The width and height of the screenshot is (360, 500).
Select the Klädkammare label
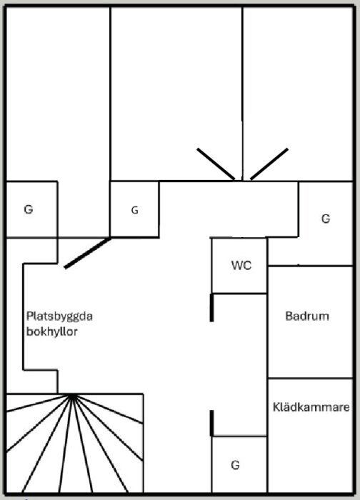(311, 408)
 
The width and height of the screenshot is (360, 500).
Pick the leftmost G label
(28, 209)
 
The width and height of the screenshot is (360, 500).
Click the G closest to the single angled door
(134, 210)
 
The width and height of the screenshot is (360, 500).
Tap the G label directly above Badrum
(326, 219)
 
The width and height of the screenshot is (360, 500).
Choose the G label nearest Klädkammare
(235, 465)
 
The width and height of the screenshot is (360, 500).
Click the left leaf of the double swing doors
(216, 164)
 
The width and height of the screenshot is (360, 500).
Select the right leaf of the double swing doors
(269, 164)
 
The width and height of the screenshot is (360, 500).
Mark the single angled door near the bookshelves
(87, 254)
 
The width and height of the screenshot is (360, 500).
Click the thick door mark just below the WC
(211, 308)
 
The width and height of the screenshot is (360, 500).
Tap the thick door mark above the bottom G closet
(211, 423)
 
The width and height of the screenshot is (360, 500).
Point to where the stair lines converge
(72, 395)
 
